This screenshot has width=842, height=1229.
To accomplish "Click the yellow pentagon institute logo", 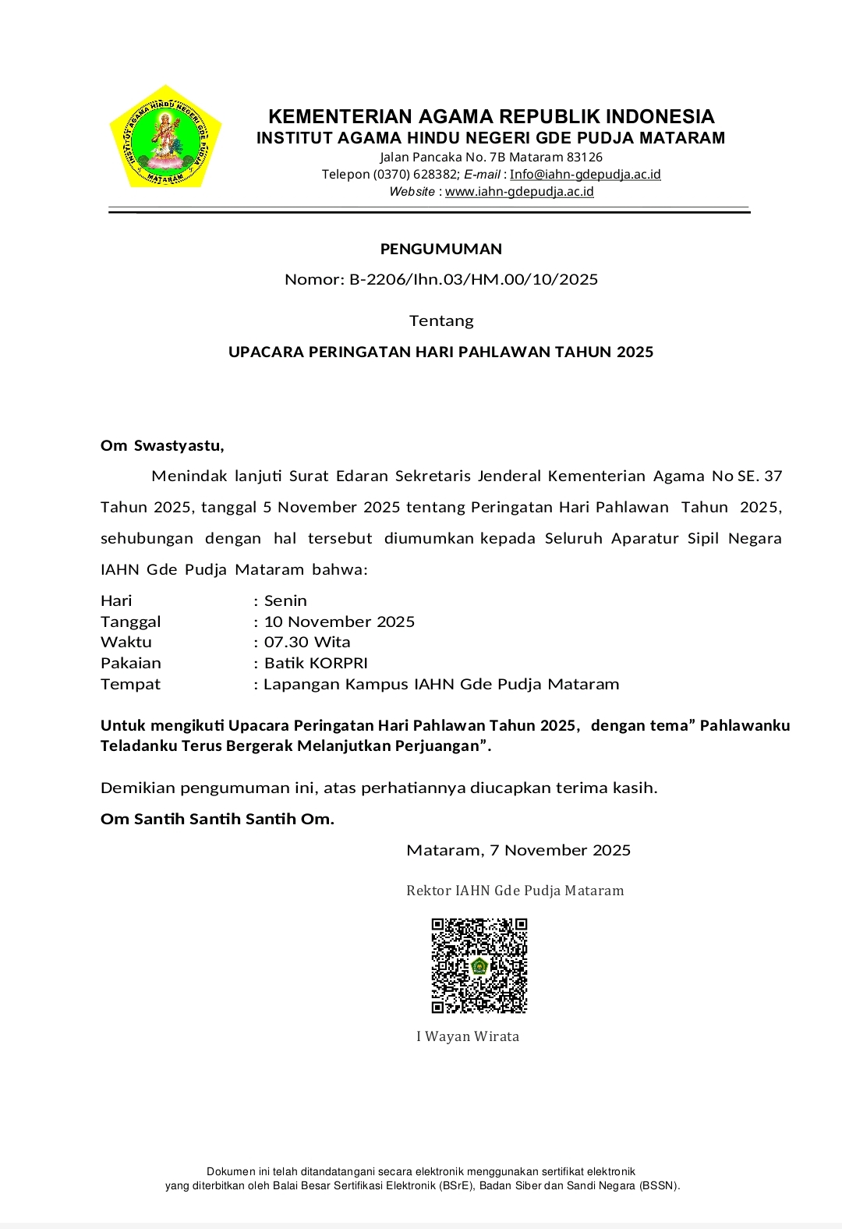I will pos(165,137).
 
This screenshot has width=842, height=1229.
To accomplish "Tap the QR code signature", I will pos(479,965).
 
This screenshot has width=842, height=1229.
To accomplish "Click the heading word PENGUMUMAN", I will pos(441,250).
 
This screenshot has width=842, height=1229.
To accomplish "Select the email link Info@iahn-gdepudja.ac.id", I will pos(585,175).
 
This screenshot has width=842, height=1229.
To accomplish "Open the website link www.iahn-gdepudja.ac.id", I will pos(519,192).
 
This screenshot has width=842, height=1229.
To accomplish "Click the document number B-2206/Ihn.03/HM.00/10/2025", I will pos(473,279).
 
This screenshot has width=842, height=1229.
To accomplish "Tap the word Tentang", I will pos(441,321).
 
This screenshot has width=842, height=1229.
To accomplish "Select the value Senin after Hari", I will pos(285,600).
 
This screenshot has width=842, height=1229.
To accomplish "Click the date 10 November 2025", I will pos(339,622).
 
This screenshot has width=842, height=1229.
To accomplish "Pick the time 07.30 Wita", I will pos(307,642).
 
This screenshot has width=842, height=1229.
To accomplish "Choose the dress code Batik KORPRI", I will pos(316,663).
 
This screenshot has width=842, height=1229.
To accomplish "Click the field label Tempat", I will pos(130,684).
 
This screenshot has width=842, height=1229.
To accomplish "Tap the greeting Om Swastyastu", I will pos(162,446).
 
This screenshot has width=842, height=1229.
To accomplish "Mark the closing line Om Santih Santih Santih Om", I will pos(218,819).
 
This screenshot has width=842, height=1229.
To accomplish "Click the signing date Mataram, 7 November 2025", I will pos(518,850).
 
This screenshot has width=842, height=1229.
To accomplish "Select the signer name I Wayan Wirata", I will pos(468,1036).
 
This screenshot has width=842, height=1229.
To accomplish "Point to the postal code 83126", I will pos(585,158).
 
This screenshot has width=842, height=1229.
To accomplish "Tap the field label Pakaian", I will pos(131,663).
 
